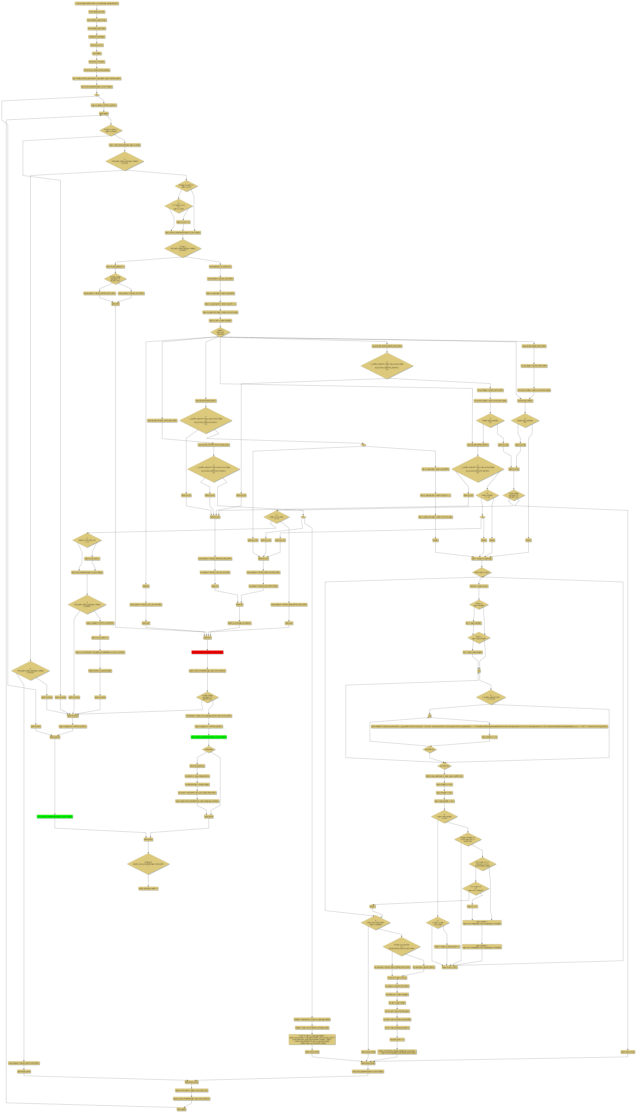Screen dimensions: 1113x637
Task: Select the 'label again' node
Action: point(104,114)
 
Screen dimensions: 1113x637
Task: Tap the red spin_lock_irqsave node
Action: point(207,652)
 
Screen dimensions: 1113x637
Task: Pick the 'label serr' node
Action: point(207,638)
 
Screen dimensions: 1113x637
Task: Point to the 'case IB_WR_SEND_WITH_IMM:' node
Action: point(534,346)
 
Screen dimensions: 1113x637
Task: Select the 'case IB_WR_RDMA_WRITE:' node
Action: point(478,445)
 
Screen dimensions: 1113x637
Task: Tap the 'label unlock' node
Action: point(55,737)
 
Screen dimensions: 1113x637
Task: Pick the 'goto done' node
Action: point(209,816)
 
